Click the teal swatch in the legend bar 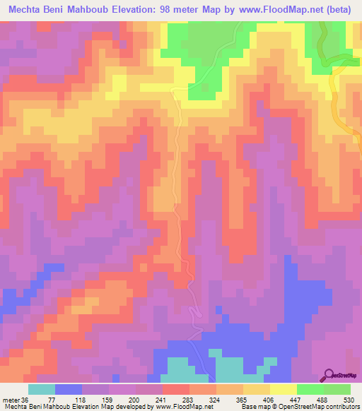pyautogui.click(x=42, y=389)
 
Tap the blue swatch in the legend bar pyautogui.click(x=69, y=389)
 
